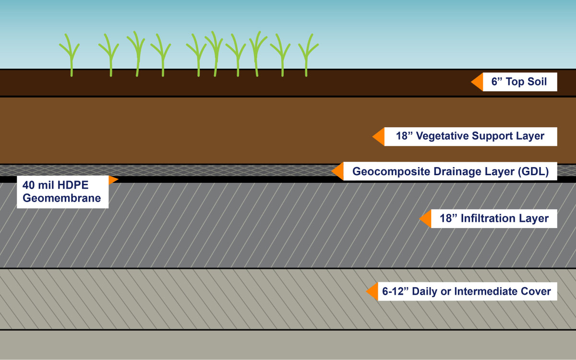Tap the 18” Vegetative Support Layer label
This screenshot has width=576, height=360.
coord(470,136)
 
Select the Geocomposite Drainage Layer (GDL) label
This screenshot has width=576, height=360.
coord(450,171)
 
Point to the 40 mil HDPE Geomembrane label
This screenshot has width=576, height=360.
coord(62,192)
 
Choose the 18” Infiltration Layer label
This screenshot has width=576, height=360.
coord(494,219)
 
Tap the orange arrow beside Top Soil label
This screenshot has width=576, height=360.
coord(477,82)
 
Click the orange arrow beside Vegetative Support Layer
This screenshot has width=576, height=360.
coord(379,136)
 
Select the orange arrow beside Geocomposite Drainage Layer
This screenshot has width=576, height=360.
coord(338,171)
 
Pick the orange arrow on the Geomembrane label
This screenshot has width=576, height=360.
coord(113,180)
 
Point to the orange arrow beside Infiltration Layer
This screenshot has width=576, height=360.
coord(425,219)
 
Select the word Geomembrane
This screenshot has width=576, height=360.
coord(62,198)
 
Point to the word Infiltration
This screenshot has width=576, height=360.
coord(488,219)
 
